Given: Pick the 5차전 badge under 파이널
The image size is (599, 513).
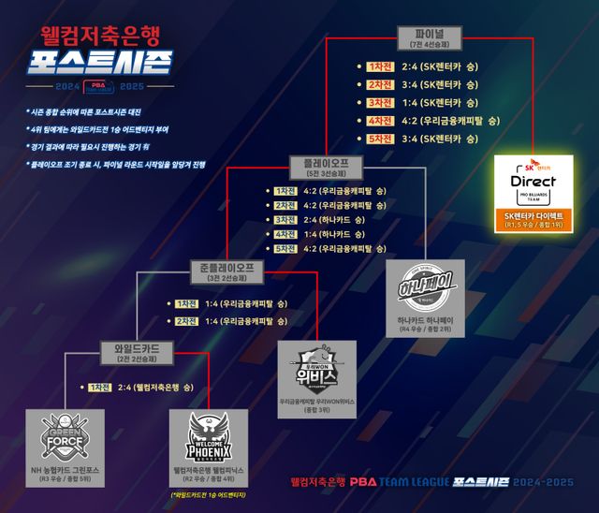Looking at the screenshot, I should point(381,139).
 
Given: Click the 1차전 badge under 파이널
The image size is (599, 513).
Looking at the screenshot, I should point(381,67).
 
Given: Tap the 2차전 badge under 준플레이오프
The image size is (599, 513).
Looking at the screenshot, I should point(187,321).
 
